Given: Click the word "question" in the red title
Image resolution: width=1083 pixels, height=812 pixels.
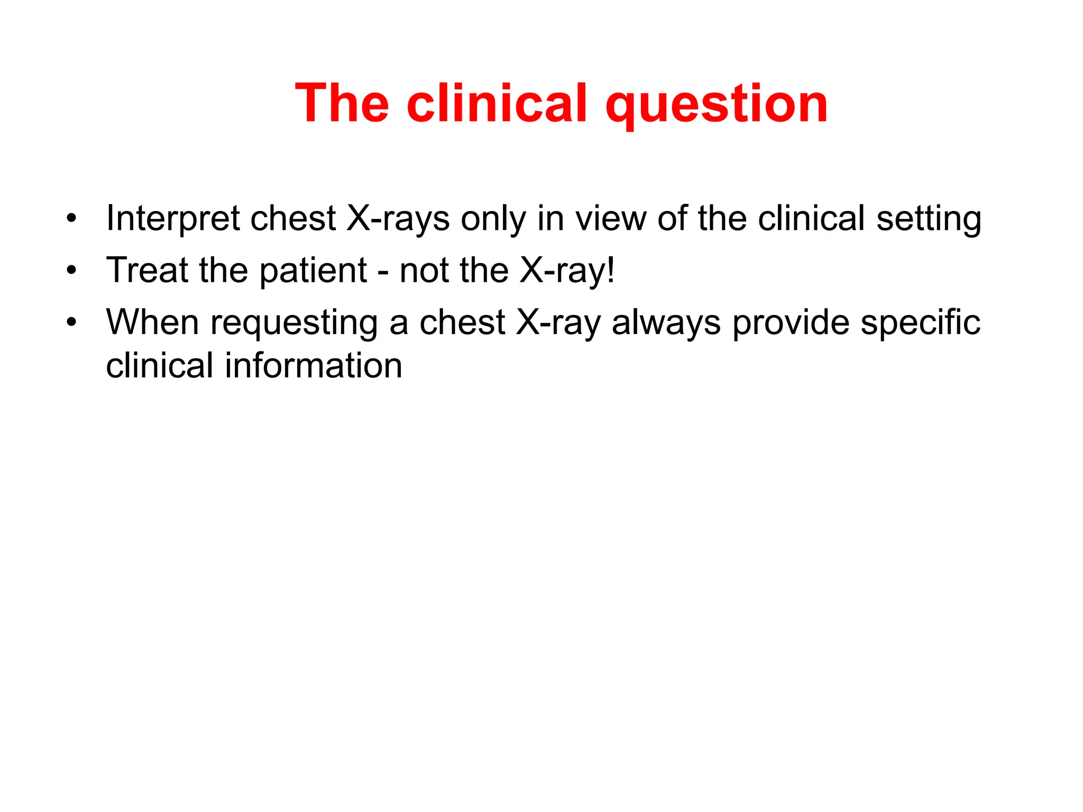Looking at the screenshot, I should [716, 105].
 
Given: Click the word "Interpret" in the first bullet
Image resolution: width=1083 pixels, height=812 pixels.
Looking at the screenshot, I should [172, 219].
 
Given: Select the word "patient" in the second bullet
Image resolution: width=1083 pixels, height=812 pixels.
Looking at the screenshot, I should [313, 271].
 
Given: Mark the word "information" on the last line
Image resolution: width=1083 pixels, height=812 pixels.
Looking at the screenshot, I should [314, 366].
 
